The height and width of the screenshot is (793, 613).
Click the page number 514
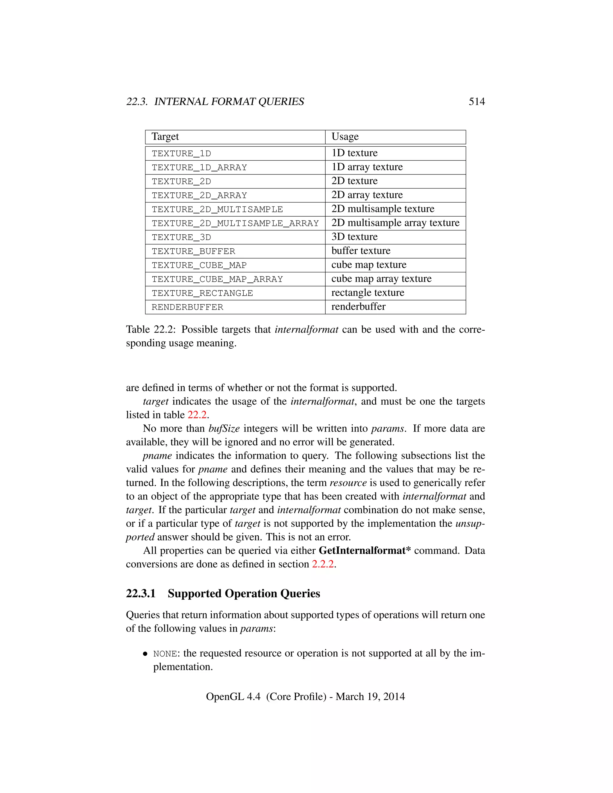[477, 102]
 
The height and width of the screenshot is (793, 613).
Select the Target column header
[165, 136]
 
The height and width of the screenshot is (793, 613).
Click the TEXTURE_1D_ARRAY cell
[199, 167]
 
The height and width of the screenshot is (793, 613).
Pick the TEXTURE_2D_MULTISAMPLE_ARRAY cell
[235, 223]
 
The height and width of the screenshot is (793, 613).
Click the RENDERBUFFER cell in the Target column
[187, 307]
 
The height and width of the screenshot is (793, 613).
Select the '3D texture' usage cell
[354, 237]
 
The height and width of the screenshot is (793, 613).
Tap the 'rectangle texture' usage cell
[368, 293]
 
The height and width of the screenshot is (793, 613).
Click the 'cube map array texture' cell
[381, 279]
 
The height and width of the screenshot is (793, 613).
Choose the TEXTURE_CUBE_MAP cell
[199, 265]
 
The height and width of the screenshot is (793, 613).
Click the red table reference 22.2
[197, 415]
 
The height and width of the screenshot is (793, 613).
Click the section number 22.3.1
[141, 594]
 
